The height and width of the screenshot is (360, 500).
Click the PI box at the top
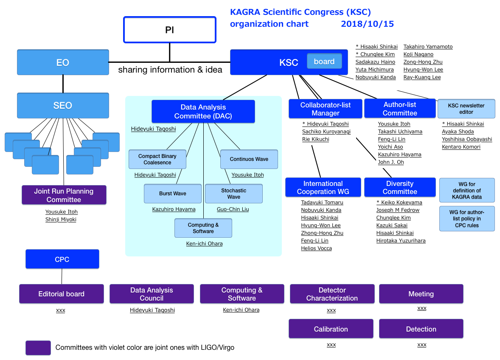tap(170, 30)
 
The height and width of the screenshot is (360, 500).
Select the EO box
tap(63, 62)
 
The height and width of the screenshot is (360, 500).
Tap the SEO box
tap(63, 105)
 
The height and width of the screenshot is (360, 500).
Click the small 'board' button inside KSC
tap(324, 61)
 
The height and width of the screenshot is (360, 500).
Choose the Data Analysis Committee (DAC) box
tap(203, 111)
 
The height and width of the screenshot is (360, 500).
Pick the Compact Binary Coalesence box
tap(157, 159)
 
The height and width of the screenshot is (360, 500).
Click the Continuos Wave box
tap(249, 159)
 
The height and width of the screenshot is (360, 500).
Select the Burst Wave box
tap(172, 194)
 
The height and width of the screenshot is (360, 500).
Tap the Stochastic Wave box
tap(234, 194)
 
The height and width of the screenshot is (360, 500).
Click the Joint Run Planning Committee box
tap(64, 195)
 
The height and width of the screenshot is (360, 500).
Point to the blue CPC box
tap(62, 259)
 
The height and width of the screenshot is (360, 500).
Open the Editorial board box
tap(62, 294)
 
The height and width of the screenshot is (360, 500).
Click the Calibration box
tap(331, 329)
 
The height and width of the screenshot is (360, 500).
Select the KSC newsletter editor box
tap(466, 109)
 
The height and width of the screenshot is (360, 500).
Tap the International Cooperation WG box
tap(323, 187)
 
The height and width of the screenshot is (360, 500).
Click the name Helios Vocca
tap(316, 248)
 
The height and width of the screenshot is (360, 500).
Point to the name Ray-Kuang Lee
tap(422, 77)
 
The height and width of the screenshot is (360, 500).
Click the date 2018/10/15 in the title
tap(367, 24)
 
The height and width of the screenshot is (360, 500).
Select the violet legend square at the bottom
tap(38, 348)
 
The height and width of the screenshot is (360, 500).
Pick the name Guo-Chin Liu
tap(233, 209)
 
